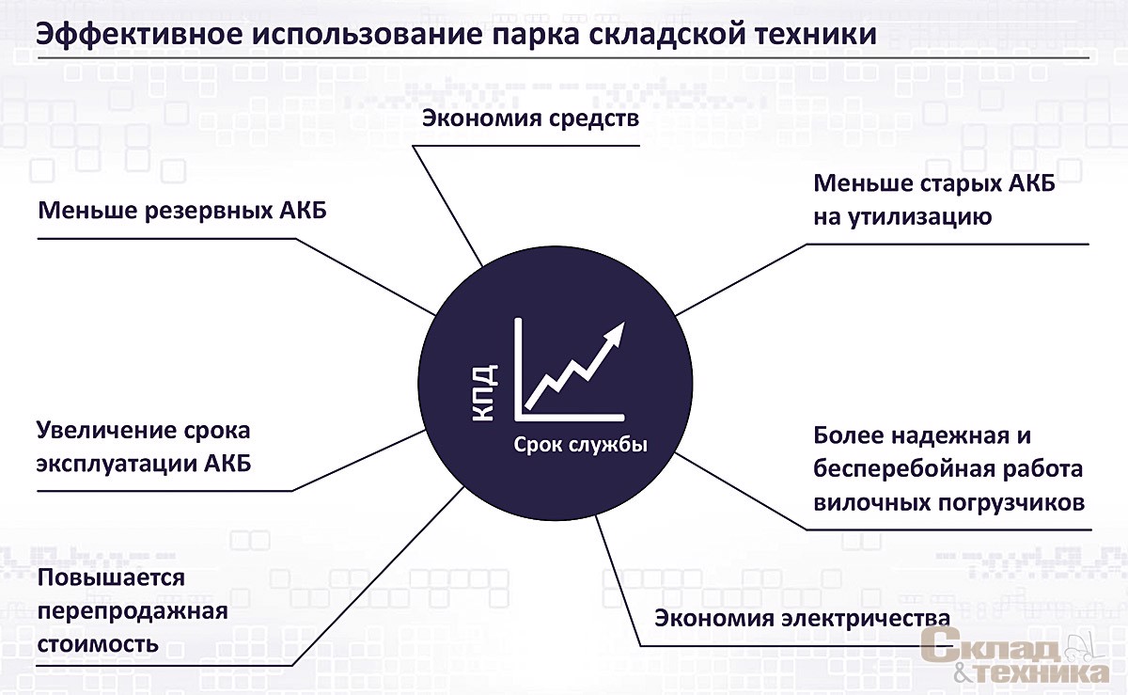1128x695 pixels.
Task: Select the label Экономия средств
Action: point(531,118)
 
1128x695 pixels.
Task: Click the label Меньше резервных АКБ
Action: point(182,210)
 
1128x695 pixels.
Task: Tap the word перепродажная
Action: point(133,612)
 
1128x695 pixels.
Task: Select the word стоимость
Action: point(98,644)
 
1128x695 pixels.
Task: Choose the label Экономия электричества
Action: point(803,619)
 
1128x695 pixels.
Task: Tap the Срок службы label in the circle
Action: point(580,446)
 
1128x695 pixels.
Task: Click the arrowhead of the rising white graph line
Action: point(616,333)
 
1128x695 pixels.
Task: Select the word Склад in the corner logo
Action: point(990,648)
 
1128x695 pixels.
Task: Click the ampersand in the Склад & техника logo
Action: point(963,672)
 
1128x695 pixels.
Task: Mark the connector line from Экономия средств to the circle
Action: point(447,206)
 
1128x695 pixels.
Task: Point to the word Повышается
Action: point(111,578)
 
